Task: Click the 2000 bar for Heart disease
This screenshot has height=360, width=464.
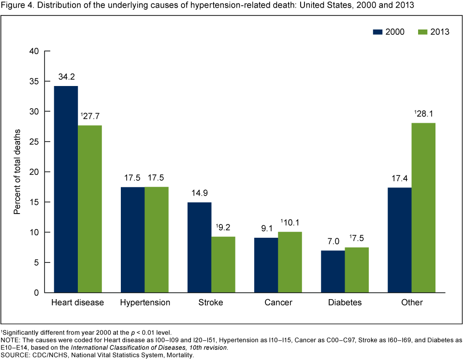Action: pyautogui.click(x=66, y=189)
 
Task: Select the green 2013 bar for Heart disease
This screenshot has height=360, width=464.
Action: pyautogui.click(x=90, y=209)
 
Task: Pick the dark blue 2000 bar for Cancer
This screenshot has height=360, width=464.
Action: pyautogui.click(x=266, y=265)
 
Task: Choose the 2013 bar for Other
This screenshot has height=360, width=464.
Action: pyautogui.click(x=424, y=208)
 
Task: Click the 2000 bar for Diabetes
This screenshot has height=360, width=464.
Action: pyautogui.click(x=333, y=271)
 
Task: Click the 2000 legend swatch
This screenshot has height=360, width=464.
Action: pyautogui.click(x=377, y=32)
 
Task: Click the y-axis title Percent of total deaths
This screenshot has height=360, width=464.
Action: pyautogui.click(x=17, y=172)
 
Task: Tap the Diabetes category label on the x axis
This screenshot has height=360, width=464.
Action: pyautogui.click(x=345, y=303)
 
